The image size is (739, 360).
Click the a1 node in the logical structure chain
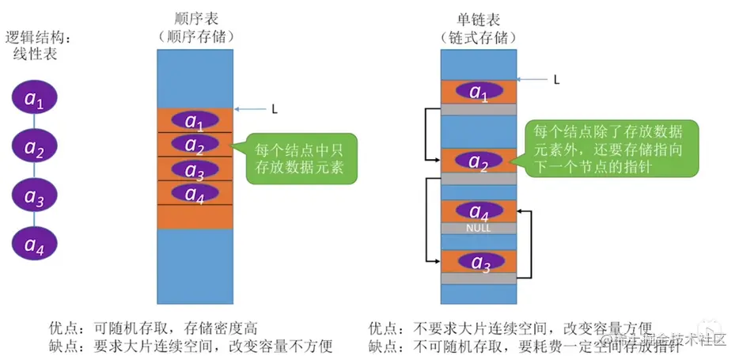coord(34,100)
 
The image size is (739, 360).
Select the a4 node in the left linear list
coord(34,245)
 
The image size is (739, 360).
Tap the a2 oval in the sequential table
coord(194,144)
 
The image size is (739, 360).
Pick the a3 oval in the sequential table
coord(194,169)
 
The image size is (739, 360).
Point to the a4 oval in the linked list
coord(479,212)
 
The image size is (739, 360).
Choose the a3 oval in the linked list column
coord(479,262)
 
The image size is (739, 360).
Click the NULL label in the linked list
coord(479,228)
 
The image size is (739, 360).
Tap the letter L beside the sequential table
coord(275,110)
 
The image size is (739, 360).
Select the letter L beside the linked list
coord(556,79)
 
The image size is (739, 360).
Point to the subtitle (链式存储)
coord(479,36)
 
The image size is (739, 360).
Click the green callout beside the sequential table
coord(301,158)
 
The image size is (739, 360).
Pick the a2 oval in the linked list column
coord(479,161)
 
